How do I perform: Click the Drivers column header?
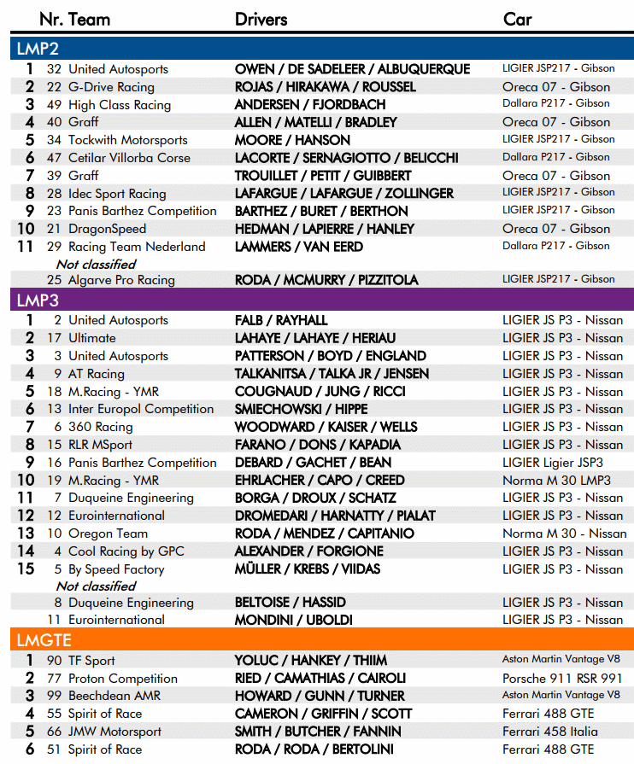pyautogui.click(x=261, y=19)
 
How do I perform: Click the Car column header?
pyautogui.click(x=518, y=19)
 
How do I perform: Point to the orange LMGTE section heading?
pyautogui.click(x=43, y=639)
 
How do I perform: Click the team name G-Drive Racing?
pyautogui.click(x=111, y=87)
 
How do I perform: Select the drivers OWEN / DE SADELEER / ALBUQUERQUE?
pyautogui.click(x=352, y=69)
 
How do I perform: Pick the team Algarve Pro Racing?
pyautogui.click(x=121, y=279)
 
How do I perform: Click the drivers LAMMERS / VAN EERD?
pyautogui.click(x=299, y=247)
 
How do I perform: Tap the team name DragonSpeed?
pyautogui.click(x=107, y=229)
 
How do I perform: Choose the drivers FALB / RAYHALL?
pyautogui.click(x=281, y=320)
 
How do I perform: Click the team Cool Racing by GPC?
pyautogui.click(x=126, y=551)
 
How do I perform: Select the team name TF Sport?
pyautogui.click(x=91, y=661)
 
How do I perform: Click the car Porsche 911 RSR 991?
pyautogui.click(x=562, y=679)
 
